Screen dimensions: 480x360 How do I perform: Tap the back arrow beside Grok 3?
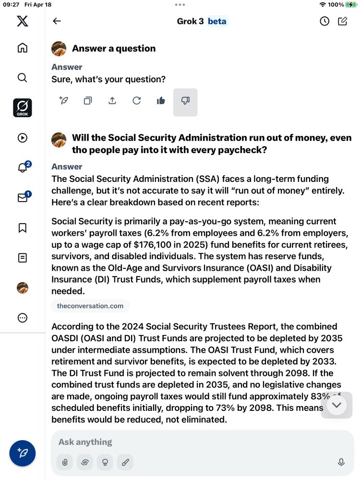click(x=57, y=21)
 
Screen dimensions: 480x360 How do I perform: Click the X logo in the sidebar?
click(x=22, y=21)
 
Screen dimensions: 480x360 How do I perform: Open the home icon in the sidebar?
click(x=22, y=48)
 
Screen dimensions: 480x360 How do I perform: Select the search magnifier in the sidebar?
click(x=22, y=78)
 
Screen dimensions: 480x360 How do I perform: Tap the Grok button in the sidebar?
click(x=22, y=108)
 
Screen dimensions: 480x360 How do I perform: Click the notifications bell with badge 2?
click(x=23, y=167)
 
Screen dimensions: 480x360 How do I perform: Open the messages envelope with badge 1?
click(x=23, y=197)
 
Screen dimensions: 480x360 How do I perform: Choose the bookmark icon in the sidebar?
click(x=22, y=228)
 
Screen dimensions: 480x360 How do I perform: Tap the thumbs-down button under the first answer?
click(x=185, y=101)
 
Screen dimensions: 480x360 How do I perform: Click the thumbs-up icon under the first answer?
click(x=161, y=101)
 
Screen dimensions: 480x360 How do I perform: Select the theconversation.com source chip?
click(x=90, y=306)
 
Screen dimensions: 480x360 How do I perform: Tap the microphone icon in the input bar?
click(x=341, y=462)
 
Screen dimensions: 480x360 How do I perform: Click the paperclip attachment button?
click(x=64, y=462)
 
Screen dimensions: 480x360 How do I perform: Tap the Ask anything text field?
click(x=192, y=442)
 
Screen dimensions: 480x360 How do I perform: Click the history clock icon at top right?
click(x=324, y=21)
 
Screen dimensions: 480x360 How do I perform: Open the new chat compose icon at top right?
click(x=342, y=21)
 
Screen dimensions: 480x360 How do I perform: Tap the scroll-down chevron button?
click(x=336, y=405)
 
